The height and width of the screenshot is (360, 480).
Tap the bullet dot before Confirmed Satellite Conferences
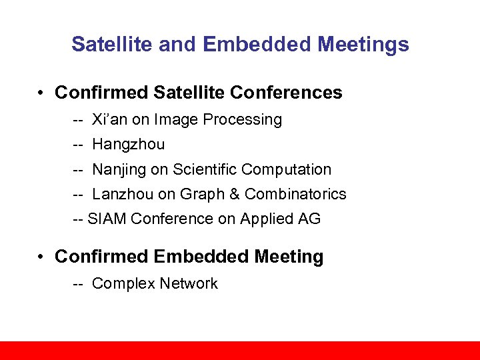tap(41, 93)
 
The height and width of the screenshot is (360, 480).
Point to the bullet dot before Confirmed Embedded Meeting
tap(41, 257)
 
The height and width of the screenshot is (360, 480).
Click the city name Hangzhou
tap(129, 145)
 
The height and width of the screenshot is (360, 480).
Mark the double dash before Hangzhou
tap(78, 145)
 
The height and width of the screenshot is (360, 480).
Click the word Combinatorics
tap(295, 194)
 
